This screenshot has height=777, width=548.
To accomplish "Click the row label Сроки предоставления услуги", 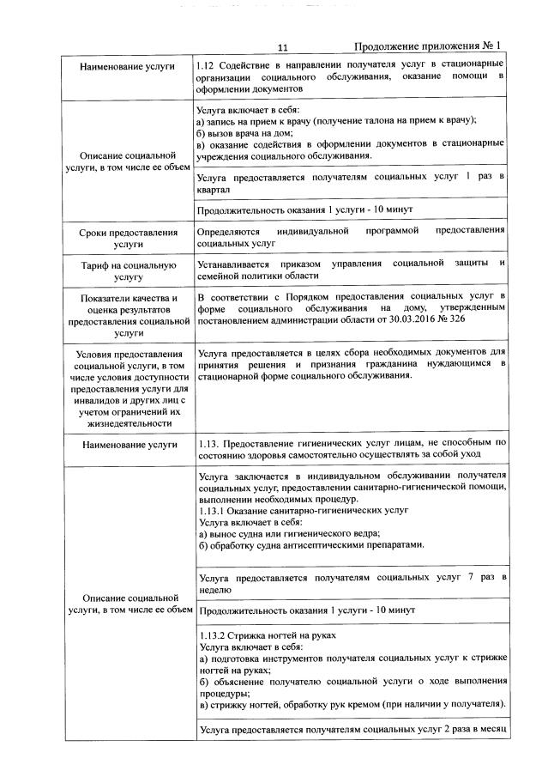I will click(129, 238).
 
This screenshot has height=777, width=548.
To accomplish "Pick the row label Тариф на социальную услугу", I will click(129, 270).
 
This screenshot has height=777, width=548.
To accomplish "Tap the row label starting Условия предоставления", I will click(129, 388).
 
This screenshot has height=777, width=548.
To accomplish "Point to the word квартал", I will click(215, 188).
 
